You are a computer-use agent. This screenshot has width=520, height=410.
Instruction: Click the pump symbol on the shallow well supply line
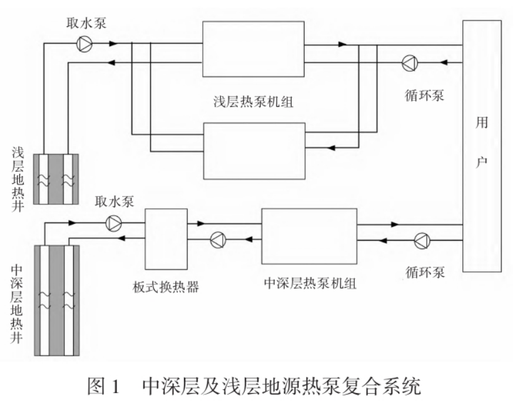click(83, 44)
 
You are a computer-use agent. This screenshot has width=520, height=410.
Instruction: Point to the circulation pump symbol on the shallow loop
click(409, 62)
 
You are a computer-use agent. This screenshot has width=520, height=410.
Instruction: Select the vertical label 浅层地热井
click(18, 178)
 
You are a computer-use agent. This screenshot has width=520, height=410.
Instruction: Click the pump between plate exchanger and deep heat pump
click(217, 239)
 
